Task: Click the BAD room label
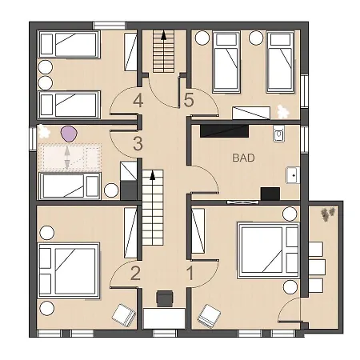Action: (243, 158)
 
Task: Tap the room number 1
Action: (190, 273)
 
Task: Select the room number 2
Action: (135, 273)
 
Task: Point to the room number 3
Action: (138, 144)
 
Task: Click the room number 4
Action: (138, 101)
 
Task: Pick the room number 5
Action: (189, 101)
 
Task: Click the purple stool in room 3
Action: (69, 134)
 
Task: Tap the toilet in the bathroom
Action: (279, 134)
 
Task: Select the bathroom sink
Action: (293, 175)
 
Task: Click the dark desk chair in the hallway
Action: (165, 298)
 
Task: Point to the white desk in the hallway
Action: (164, 318)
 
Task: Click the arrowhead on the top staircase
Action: (163, 35)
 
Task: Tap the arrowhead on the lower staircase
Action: (153, 175)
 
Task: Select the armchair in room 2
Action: (123, 314)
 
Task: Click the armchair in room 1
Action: (209, 317)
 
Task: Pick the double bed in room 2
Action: (69, 270)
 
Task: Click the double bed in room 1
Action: (269, 251)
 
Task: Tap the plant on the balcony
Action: (327, 214)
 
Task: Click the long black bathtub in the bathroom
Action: (224, 131)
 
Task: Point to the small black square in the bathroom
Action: (270, 194)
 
